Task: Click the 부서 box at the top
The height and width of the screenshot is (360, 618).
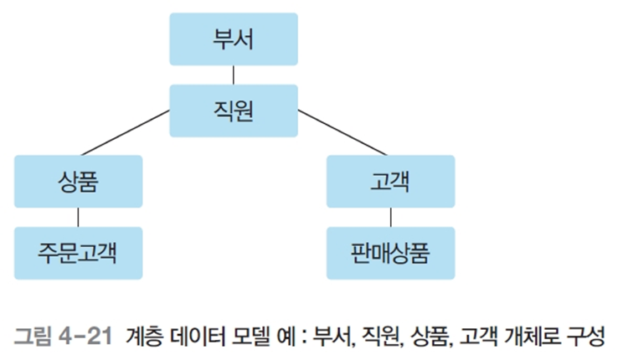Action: (x=234, y=39)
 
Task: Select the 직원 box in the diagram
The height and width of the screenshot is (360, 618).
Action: (x=234, y=110)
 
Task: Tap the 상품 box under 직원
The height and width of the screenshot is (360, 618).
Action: (x=78, y=181)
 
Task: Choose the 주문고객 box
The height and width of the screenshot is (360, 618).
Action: (x=78, y=252)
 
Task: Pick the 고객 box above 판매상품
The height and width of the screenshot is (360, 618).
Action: (x=390, y=181)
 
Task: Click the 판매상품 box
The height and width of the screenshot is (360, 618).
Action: (x=390, y=252)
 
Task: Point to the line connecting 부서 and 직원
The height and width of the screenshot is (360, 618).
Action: (x=234, y=75)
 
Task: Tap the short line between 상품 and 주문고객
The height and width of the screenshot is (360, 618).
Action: (x=78, y=217)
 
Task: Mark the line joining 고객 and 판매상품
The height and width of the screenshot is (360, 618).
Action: (x=390, y=217)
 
